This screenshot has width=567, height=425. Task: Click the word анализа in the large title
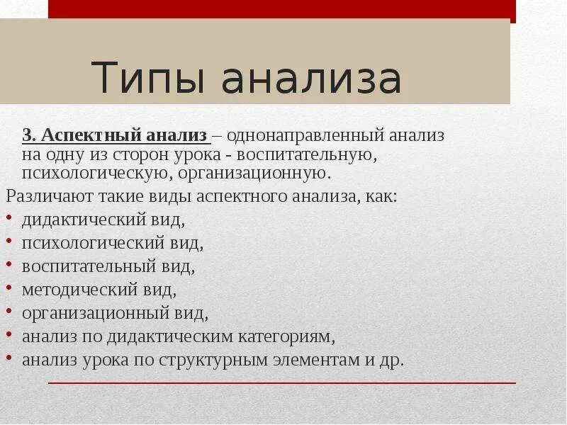pyautogui.click(x=312, y=78)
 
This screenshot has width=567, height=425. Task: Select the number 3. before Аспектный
pyautogui.click(x=29, y=135)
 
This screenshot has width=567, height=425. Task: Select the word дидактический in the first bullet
pyautogui.click(x=81, y=220)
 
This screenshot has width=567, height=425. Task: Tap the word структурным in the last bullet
pyautogui.click(x=210, y=359)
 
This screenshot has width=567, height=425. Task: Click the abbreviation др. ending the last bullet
pyautogui.click(x=392, y=359)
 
